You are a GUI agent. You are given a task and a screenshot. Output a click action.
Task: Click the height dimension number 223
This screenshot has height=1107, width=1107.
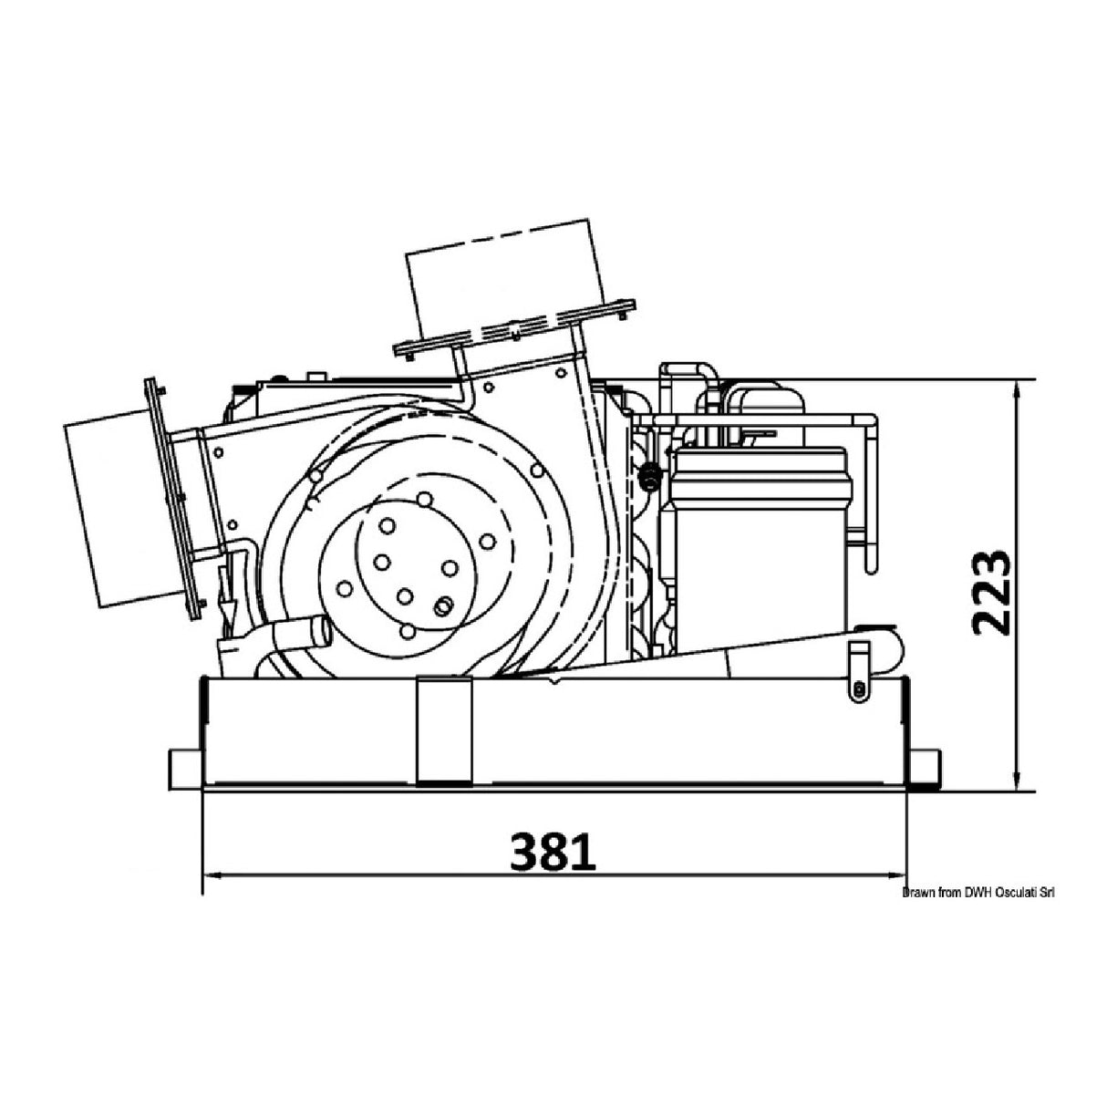click(x=992, y=594)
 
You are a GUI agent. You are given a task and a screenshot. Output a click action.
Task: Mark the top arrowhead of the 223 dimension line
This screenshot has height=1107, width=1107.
click(x=1018, y=389)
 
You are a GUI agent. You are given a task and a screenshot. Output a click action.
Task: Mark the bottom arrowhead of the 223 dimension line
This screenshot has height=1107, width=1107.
click(x=1018, y=781)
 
